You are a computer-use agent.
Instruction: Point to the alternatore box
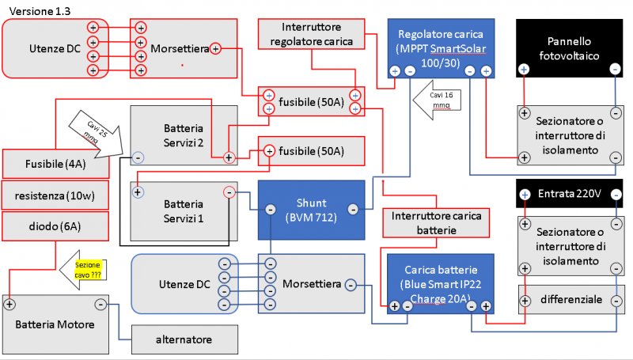pos(184,339)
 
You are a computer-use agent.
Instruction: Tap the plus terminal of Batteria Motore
pos(9,304)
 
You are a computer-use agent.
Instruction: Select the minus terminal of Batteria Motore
pos(100,304)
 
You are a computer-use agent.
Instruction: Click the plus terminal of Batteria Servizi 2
pos(229,157)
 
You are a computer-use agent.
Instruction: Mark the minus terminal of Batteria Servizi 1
pos(229,191)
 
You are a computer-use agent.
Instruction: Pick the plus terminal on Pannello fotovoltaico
pos(523,70)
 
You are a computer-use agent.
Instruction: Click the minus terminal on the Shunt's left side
pos(270,210)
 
